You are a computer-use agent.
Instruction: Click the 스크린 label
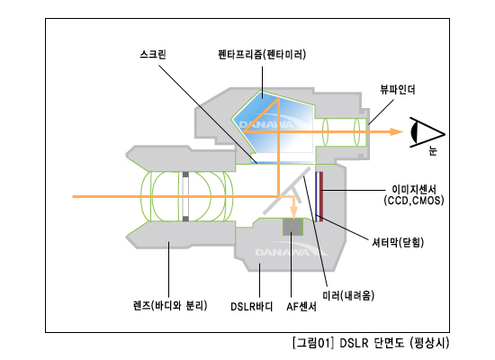click(x=153, y=54)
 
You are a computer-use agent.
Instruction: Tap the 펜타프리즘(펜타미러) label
click(x=262, y=54)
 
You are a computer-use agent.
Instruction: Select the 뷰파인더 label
click(x=398, y=90)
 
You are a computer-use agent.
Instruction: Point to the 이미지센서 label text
click(x=414, y=189)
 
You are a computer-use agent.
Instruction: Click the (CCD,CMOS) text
click(x=414, y=200)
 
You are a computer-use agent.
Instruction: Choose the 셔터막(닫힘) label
click(x=398, y=242)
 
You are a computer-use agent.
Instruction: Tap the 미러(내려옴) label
click(x=348, y=295)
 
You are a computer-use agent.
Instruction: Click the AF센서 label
click(x=301, y=306)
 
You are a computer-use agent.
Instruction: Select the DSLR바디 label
click(x=252, y=306)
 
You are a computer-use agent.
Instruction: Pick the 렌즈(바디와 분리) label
click(x=170, y=305)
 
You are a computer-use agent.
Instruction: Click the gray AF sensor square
click(x=292, y=227)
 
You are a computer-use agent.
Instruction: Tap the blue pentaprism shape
click(x=273, y=125)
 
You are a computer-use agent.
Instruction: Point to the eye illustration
click(x=427, y=132)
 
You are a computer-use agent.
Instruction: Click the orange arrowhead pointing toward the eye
click(x=396, y=131)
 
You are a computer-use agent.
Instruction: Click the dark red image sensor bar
click(x=321, y=196)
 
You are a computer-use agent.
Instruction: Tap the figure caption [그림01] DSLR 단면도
click(x=371, y=343)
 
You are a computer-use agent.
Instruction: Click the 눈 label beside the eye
click(x=433, y=150)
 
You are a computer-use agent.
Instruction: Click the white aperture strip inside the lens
click(x=185, y=196)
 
